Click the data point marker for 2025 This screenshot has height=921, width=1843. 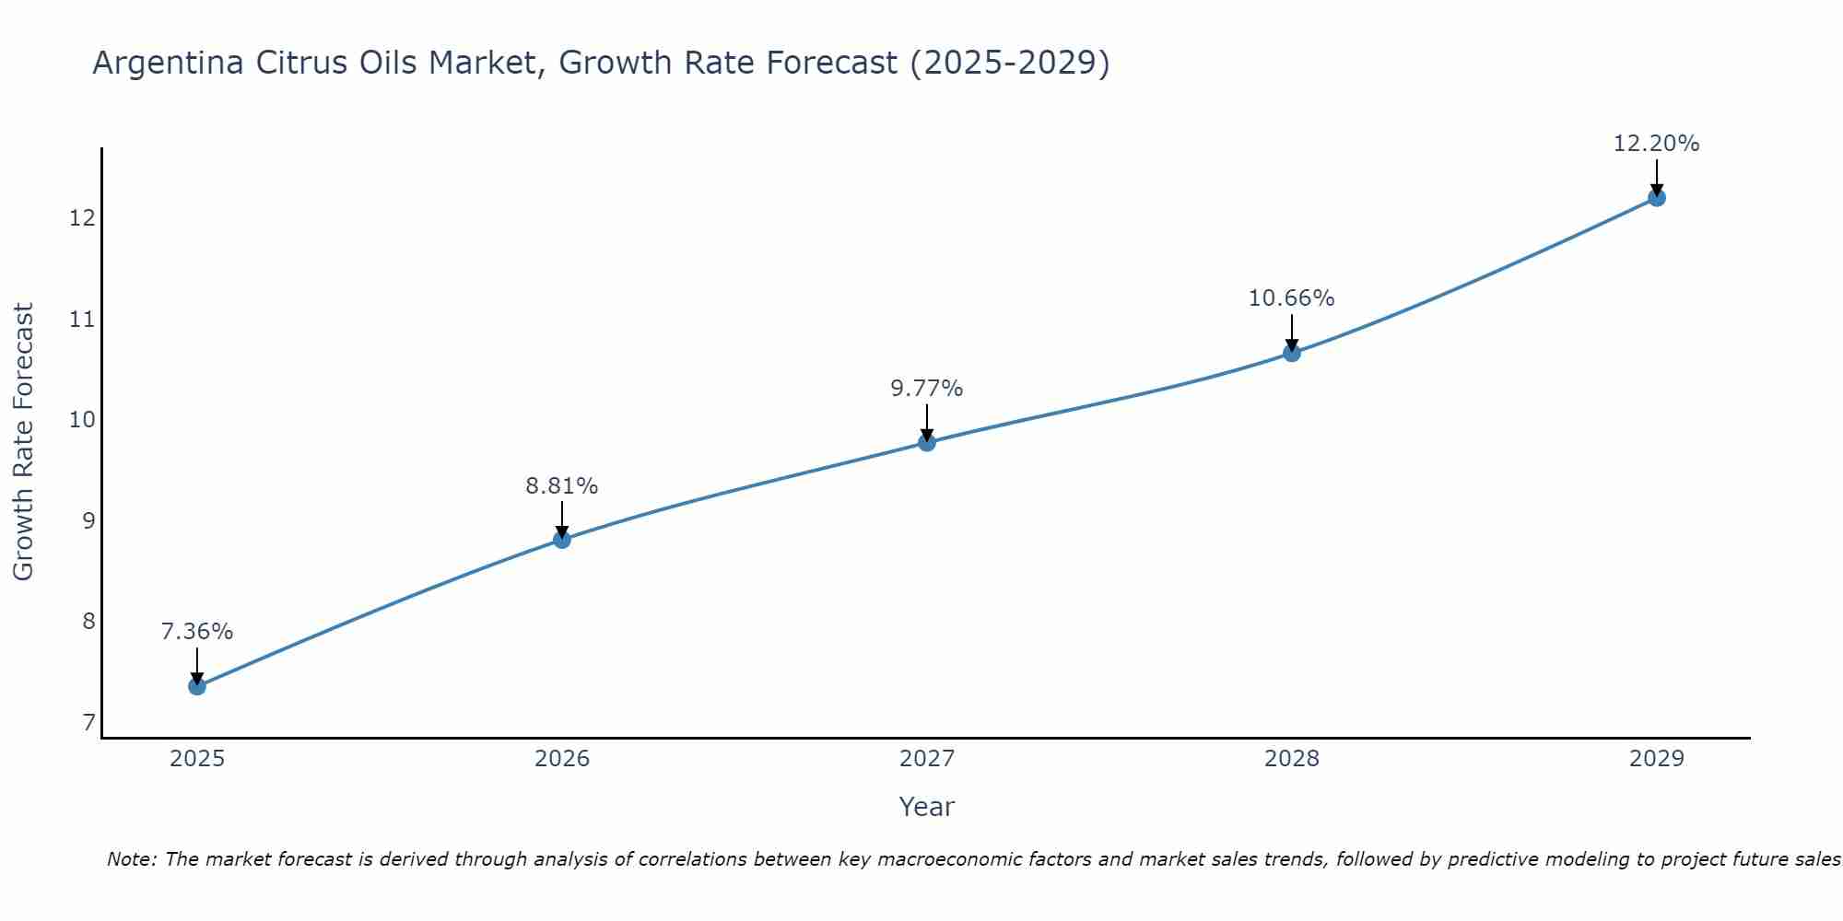click(x=197, y=686)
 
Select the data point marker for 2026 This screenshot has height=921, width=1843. click(x=562, y=540)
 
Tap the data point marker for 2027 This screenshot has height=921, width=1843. click(x=927, y=443)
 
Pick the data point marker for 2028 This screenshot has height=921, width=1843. click(x=1292, y=353)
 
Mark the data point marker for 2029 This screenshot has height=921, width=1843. click(x=1657, y=197)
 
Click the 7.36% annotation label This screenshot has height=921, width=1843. click(x=197, y=632)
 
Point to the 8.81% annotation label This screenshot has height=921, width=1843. click(x=562, y=485)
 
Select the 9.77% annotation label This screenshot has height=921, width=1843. click(x=927, y=389)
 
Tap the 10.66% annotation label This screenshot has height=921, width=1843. click(x=1292, y=298)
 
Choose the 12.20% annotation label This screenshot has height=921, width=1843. click(x=1657, y=144)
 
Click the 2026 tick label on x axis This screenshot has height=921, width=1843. click(x=562, y=759)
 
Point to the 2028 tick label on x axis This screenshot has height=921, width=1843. click(x=1292, y=759)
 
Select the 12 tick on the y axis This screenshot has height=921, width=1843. click(x=83, y=218)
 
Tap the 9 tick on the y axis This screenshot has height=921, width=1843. click(x=88, y=521)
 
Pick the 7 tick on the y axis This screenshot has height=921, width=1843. click(x=88, y=723)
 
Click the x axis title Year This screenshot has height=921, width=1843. click(x=927, y=807)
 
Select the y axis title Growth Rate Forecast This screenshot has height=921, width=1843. click(x=24, y=442)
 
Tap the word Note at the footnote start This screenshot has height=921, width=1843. click(x=131, y=859)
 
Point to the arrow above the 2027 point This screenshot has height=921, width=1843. click(x=927, y=423)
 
